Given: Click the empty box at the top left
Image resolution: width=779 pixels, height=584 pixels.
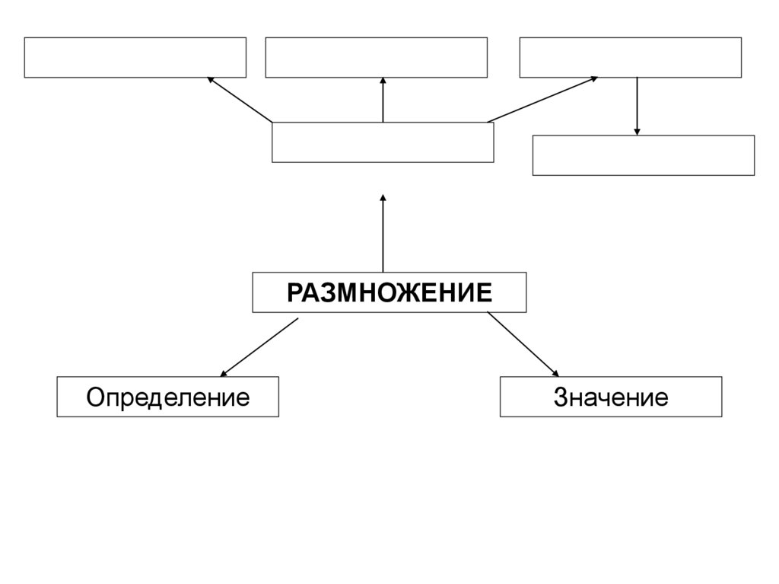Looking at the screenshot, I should (135, 57).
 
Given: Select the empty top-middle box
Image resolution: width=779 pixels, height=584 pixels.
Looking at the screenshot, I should (376, 57).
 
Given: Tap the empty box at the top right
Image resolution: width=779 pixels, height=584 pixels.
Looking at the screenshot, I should (630, 57).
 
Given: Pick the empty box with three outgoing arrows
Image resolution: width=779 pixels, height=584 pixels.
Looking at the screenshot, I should (383, 142).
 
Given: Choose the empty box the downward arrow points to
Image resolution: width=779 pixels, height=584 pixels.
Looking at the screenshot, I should (643, 155).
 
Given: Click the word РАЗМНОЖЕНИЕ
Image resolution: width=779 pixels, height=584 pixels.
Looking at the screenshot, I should (389, 292).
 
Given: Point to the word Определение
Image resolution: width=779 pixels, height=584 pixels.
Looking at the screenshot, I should (167, 397).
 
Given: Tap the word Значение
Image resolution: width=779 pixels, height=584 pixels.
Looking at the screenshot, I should (611, 397).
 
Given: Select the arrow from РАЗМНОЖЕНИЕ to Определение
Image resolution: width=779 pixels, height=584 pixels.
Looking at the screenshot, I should (259, 347).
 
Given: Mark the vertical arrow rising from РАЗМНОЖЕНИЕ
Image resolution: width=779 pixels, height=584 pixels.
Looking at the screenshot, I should (383, 234).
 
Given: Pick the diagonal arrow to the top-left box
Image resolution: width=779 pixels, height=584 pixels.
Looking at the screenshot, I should (239, 99).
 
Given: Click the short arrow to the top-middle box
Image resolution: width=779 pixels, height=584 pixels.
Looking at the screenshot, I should (383, 100).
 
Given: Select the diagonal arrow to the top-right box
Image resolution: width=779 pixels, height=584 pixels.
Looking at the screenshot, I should (542, 99).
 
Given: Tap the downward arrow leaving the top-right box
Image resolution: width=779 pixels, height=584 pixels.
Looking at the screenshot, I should (637, 106).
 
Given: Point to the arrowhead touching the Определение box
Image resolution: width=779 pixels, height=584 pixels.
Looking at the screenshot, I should (224, 373).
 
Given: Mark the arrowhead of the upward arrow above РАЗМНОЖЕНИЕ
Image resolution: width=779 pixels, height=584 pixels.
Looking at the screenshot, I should (383, 199).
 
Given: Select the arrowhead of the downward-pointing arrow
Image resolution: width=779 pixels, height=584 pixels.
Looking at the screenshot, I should (637, 132).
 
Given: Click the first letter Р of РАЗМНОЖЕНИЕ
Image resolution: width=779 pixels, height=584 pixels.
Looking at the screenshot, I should (294, 292).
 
